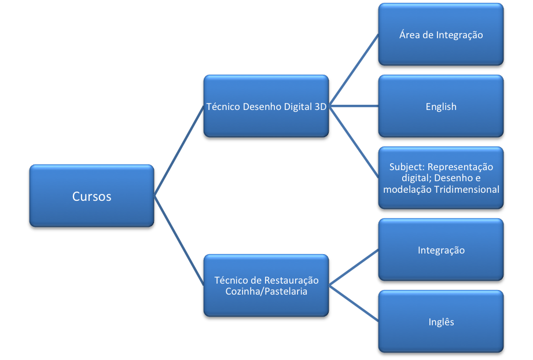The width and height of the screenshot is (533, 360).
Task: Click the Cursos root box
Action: point(91,197)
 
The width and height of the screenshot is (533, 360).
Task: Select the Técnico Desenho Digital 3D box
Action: point(266,106)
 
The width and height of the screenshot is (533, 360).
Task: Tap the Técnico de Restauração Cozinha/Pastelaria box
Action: point(266,285)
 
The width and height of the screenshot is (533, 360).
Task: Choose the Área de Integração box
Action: point(441,35)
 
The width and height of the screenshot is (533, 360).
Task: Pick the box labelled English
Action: point(441,106)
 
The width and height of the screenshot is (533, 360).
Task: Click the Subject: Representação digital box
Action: point(441,178)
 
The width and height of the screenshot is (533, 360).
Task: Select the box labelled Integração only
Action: point(441,250)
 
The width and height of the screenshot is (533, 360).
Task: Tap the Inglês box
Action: point(441,322)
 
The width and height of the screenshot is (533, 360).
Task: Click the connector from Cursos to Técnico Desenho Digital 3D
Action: point(178,152)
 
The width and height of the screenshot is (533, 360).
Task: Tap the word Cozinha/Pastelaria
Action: point(266,291)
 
